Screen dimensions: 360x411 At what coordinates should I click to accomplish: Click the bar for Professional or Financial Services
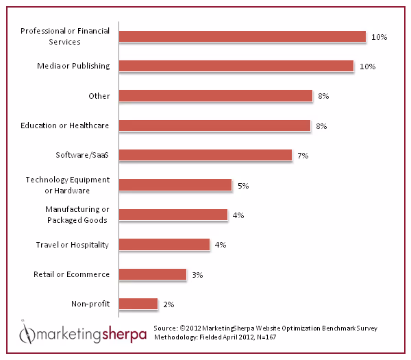(x=242, y=36)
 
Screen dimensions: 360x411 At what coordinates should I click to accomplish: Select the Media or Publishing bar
(x=236, y=66)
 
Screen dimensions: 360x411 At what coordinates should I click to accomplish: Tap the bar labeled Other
(x=215, y=96)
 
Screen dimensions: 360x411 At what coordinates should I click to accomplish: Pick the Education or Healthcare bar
(x=214, y=125)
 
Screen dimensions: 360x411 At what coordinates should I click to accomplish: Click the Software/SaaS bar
(x=205, y=155)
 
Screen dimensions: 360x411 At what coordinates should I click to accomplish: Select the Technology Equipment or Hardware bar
(x=175, y=185)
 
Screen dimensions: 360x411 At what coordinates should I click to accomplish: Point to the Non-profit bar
(x=138, y=304)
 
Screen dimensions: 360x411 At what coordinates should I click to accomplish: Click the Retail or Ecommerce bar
(x=152, y=274)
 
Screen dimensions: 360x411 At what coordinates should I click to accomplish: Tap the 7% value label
(x=303, y=156)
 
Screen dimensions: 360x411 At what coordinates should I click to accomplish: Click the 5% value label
(x=242, y=185)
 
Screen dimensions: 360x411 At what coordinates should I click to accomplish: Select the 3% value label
(x=197, y=274)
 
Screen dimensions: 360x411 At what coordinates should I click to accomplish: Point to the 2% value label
(x=169, y=304)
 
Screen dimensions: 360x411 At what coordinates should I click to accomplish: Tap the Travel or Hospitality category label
(x=73, y=244)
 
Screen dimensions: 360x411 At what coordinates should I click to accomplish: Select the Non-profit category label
(x=90, y=304)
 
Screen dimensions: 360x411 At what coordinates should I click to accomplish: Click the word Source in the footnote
(x=166, y=328)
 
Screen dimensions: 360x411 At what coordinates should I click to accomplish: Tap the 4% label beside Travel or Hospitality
(x=221, y=245)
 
